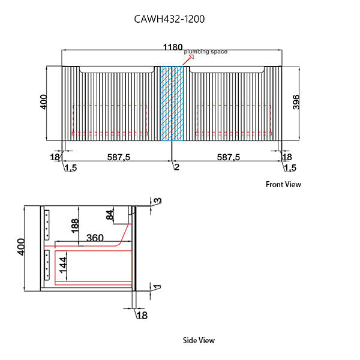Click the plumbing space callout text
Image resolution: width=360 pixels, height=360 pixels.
pos(205,52)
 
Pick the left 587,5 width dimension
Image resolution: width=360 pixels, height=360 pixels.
pos(119,157)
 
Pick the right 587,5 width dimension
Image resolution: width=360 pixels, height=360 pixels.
pos(228,157)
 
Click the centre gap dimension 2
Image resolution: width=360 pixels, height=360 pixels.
pos(176,167)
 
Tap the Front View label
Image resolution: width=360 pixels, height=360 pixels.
pos(283,185)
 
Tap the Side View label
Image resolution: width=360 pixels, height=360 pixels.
pos(199,340)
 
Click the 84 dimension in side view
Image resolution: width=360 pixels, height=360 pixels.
pos(110,215)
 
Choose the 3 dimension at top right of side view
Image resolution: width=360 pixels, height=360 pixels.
pos(158,202)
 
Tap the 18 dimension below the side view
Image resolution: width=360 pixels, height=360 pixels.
pos(142,314)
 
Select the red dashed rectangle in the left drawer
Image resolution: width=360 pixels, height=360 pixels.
pos(110,119)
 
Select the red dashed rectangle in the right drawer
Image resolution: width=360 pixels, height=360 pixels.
pos(234,119)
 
